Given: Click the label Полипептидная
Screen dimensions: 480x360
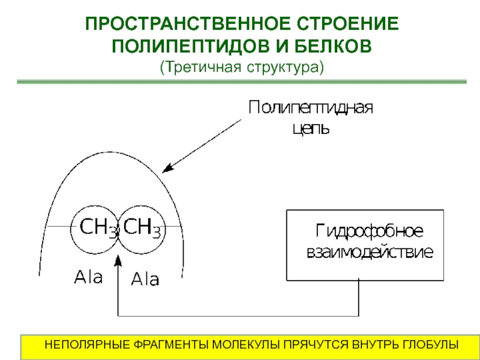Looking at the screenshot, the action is [311, 109].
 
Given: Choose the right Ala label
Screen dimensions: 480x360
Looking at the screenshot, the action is [145, 279].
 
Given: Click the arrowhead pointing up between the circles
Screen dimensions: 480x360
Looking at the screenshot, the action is [119, 260].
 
